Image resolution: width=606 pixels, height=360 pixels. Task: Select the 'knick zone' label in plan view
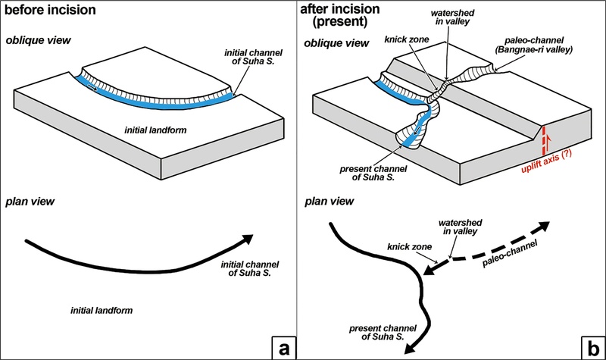[407, 247]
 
